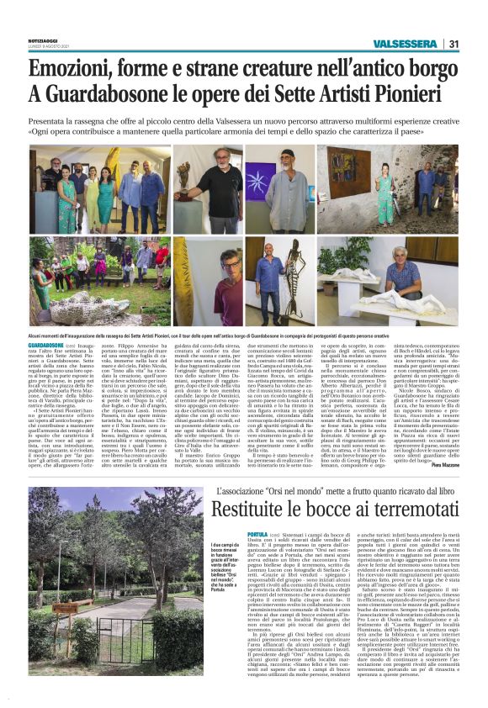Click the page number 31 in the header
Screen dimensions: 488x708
click(x=453, y=44)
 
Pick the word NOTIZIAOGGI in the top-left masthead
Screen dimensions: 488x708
click(x=46, y=39)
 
